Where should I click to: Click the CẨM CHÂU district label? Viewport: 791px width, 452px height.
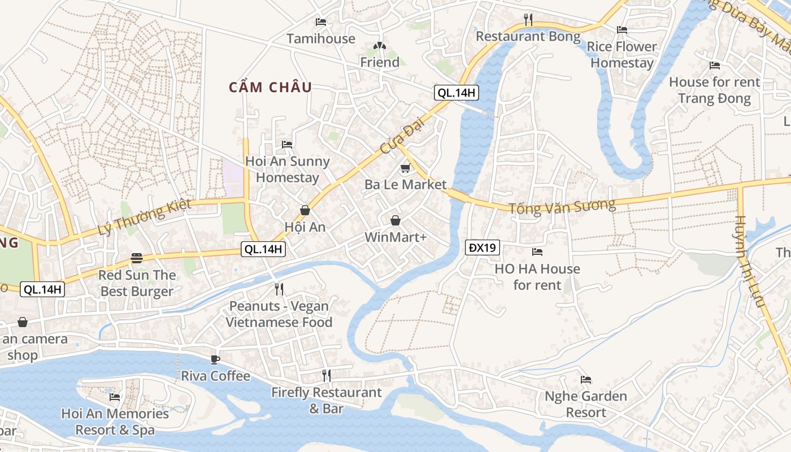coord(270,88)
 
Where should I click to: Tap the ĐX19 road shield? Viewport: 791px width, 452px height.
coord(483,247)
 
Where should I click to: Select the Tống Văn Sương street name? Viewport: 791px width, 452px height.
coord(562,206)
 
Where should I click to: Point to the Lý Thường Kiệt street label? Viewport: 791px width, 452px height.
coord(145,218)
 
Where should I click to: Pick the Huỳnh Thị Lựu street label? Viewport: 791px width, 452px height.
coord(750,261)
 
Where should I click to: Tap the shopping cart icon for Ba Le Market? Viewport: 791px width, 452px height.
coord(405,168)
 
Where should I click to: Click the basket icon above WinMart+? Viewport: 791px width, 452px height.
coord(395,220)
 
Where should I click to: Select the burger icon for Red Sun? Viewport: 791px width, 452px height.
coord(137,258)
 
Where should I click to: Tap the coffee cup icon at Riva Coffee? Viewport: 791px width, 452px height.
coord(215,359)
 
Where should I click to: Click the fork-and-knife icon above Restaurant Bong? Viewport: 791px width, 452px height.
coord(528,20)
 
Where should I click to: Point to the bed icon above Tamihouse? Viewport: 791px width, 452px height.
coord(321,22)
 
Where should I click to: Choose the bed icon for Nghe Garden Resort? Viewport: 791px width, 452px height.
coord(586,380)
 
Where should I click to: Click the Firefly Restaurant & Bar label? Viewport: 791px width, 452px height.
coord(327,400)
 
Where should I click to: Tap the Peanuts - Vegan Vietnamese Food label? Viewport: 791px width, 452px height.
coord(279,314)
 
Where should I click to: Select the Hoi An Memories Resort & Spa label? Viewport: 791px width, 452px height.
coord(115,421)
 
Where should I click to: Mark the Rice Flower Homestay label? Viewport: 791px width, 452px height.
coord(622,55)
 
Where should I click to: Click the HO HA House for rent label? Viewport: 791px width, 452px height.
coord(537,277)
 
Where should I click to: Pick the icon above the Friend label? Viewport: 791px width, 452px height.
coord(380,46)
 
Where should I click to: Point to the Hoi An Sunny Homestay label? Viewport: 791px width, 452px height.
coord(288,169)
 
